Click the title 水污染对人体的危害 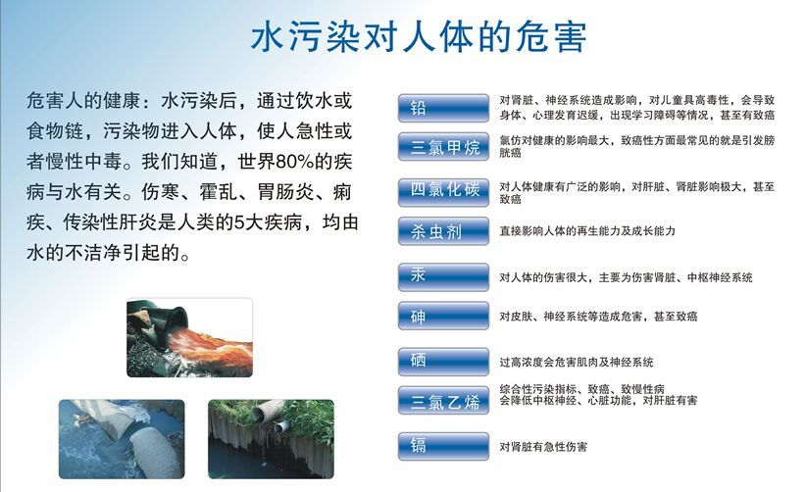419,37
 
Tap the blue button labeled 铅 443,108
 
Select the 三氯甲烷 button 443,147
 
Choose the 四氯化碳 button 443,192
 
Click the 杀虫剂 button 443,231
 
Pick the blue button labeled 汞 443,277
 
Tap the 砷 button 443,316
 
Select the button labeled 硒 443,362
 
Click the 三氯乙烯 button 443,400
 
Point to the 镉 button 443,446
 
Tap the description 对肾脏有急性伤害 543,447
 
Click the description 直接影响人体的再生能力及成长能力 587,231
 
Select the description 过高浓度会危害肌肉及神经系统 577,363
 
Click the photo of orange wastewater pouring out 189,337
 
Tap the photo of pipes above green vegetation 271,439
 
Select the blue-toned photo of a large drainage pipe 122,439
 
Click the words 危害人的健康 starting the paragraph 83,101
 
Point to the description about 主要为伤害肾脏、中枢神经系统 626,277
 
